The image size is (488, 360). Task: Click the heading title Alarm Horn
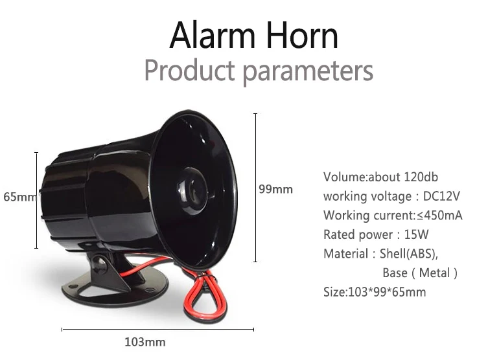(x=253, y=35)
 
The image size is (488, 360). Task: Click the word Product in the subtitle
(x=189, y=71)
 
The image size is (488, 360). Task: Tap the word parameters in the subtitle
(x=308, y=72)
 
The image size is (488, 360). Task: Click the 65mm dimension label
(x=19, y=197)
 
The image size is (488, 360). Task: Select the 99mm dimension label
(x=275, y=189)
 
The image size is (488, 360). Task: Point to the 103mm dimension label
(x=145, y=343)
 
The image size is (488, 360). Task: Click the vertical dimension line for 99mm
(x=255, y=188)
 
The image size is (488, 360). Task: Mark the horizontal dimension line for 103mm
(x=157, y=329)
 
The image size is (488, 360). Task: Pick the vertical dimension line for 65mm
(x=36, y=200)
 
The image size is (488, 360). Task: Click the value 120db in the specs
(x=421, y=177)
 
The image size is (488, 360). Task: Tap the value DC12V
(x=441, y=196)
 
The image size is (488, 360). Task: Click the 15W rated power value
(x=416, y=235)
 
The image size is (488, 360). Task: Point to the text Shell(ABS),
(x=409, y=254)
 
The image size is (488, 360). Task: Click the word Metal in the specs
(x=434, y=273)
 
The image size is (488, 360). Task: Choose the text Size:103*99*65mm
(x=375, y=292)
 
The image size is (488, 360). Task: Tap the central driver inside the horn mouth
(x=191, y=191)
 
